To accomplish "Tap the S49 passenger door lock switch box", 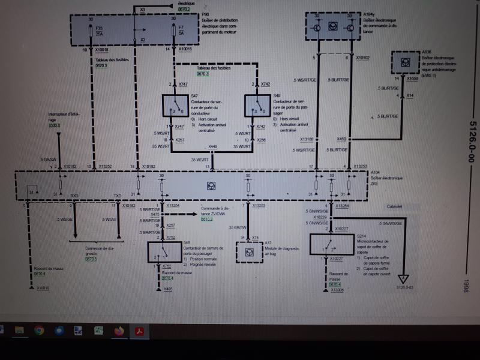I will click(257, 106).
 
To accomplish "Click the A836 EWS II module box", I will click(406, 62).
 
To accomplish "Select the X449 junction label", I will click(213, 146).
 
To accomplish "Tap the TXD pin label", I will click(118, 196).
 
